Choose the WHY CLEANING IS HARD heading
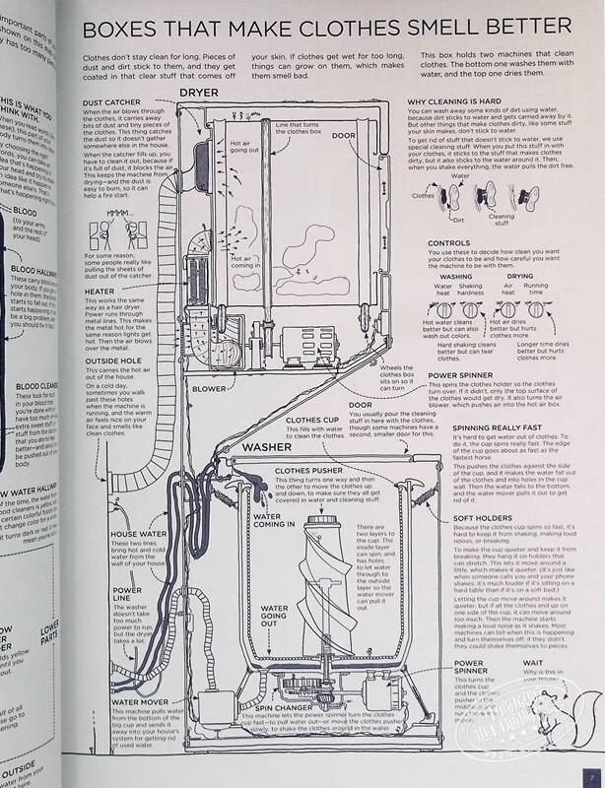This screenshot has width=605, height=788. tap(463, 100)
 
